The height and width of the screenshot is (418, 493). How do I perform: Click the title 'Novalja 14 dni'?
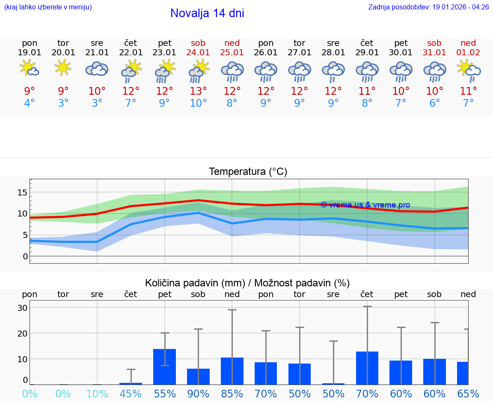(x=207, y=13)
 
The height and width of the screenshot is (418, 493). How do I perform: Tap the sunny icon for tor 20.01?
(x=63, y=68)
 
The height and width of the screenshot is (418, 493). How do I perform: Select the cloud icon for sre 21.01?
(x=97, y=69)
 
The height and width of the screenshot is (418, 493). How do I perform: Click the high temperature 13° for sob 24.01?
(x=198, y=91)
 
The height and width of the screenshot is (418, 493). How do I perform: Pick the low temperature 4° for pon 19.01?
(x=30, y=103)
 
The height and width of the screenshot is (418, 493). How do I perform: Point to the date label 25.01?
(x=232, y=52)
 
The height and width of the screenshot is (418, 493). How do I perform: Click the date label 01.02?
(x=468, y=52)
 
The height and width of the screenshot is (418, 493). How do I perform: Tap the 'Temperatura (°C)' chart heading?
(x=248, y=172)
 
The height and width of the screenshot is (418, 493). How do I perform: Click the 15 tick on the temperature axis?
(x=22, y=192)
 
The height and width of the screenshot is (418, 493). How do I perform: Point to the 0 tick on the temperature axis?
(x=25, y=256)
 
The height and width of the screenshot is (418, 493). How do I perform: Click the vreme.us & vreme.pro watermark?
(x=365, y=205)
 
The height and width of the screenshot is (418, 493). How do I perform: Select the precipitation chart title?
(x=247, y=283)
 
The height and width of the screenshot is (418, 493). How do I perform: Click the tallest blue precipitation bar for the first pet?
(x=165, y=367)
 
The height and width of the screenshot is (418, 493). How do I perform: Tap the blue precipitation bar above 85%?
(x=232, y=371)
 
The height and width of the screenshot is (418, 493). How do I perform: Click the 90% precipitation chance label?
(x=198, y=394)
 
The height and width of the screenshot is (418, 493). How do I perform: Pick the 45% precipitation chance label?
(x=131, y=394)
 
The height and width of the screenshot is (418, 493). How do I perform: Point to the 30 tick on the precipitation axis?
(x=22, y=308)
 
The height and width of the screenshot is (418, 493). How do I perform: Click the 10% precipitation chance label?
(x=97, y=394)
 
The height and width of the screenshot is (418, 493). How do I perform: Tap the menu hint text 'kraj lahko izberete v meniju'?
(x=48, y=7)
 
